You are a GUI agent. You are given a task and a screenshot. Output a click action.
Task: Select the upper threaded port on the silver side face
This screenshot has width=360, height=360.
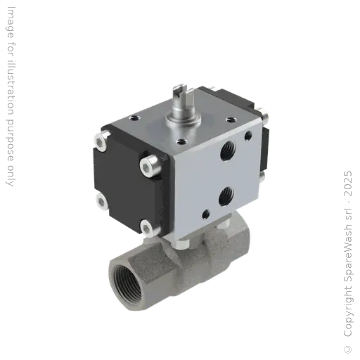[226, 148]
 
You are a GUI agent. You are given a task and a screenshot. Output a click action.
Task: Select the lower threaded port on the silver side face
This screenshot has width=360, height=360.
[226, 192]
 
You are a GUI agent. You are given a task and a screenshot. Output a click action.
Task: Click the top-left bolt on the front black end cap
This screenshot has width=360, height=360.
[101, 144]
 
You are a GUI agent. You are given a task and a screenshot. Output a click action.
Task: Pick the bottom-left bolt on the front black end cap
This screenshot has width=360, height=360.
[101, 203]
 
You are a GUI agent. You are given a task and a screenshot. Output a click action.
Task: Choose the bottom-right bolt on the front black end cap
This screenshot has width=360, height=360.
[146, 227]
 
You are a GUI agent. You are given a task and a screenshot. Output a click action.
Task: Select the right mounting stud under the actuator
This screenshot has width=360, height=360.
[226, 224]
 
